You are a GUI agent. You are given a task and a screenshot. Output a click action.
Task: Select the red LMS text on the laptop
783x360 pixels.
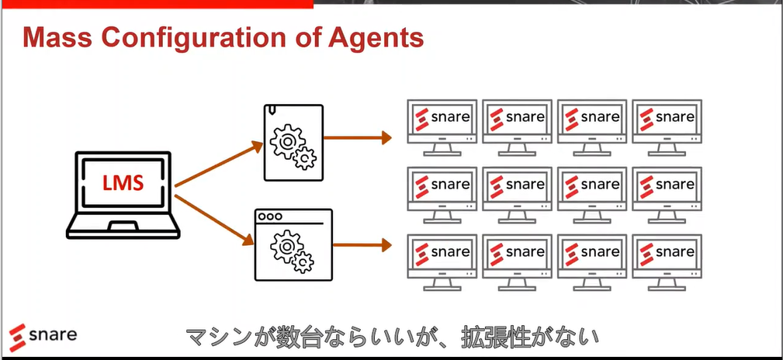(123, 183)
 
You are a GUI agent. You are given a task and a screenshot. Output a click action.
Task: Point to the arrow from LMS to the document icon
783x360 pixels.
(219, 164)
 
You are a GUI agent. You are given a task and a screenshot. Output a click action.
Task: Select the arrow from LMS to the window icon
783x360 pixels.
(215, 220)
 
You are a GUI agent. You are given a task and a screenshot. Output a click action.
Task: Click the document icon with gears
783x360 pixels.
(293, 142)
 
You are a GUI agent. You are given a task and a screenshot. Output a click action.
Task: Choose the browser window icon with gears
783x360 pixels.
(293, 244)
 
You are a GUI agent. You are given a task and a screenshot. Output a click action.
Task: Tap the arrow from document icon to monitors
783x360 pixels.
(358, 137)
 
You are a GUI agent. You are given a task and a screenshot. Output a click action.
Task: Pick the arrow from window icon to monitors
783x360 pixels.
(362, 244)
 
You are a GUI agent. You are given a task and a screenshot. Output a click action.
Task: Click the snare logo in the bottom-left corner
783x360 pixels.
(43, 334)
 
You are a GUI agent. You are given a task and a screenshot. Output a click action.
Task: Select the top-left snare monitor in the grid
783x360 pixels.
(442, 128)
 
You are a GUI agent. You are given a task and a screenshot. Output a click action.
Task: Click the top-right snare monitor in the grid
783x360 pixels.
(667, 128)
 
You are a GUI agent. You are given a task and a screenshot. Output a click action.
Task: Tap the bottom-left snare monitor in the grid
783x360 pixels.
(442, 263)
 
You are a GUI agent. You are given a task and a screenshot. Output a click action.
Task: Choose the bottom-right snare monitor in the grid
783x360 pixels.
(667, 263)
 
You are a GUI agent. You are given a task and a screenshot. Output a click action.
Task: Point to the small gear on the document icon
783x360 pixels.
(305, 158)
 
